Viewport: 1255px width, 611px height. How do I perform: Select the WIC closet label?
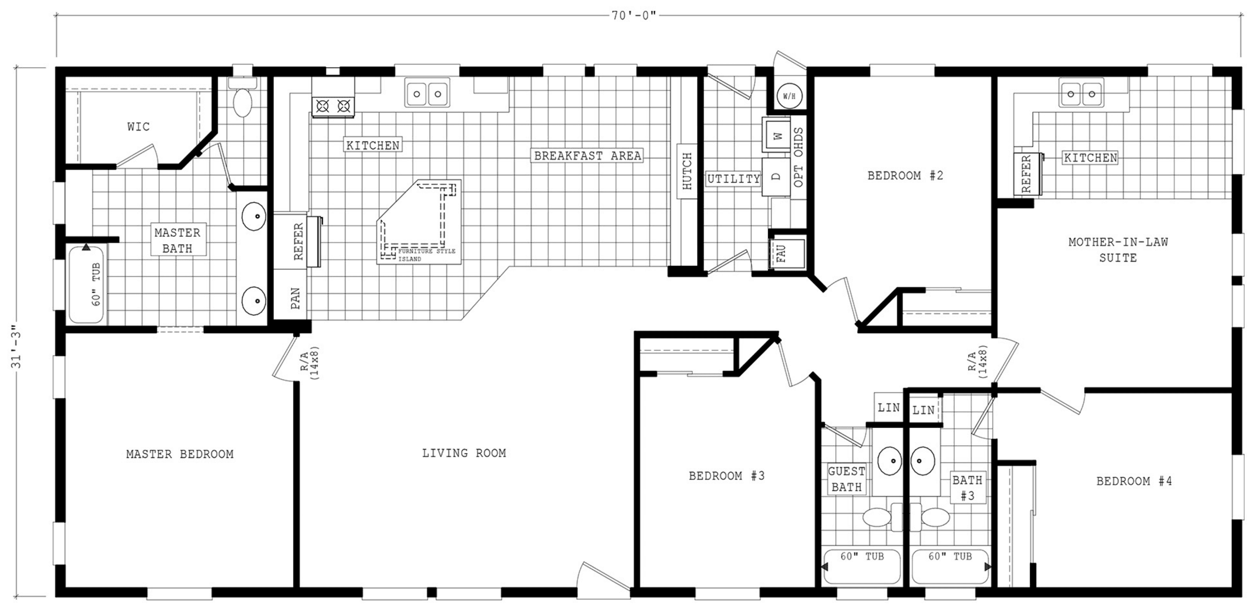pos(138,127)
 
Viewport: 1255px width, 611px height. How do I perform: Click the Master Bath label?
pos(177,241)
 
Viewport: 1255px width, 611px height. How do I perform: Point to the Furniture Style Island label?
pos(427,255)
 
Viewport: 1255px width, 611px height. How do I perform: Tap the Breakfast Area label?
pos(588,156)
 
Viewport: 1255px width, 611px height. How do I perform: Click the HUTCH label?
pos(687,171)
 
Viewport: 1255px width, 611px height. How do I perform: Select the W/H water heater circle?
pos(789,96)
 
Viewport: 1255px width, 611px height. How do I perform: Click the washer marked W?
pos(778,135)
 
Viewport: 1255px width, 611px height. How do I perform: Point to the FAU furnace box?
pos(786,254)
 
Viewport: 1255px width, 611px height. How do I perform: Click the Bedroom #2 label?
pos(905,175)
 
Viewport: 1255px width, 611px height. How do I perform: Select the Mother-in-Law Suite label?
pos(1118,250)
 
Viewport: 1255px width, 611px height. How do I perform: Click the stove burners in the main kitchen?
pos(333,106)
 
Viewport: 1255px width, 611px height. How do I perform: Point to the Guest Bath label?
pos(847,479)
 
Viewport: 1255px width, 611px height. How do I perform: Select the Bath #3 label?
pos(968,488)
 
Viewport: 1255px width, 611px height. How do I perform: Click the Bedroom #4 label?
pos(1134,481)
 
